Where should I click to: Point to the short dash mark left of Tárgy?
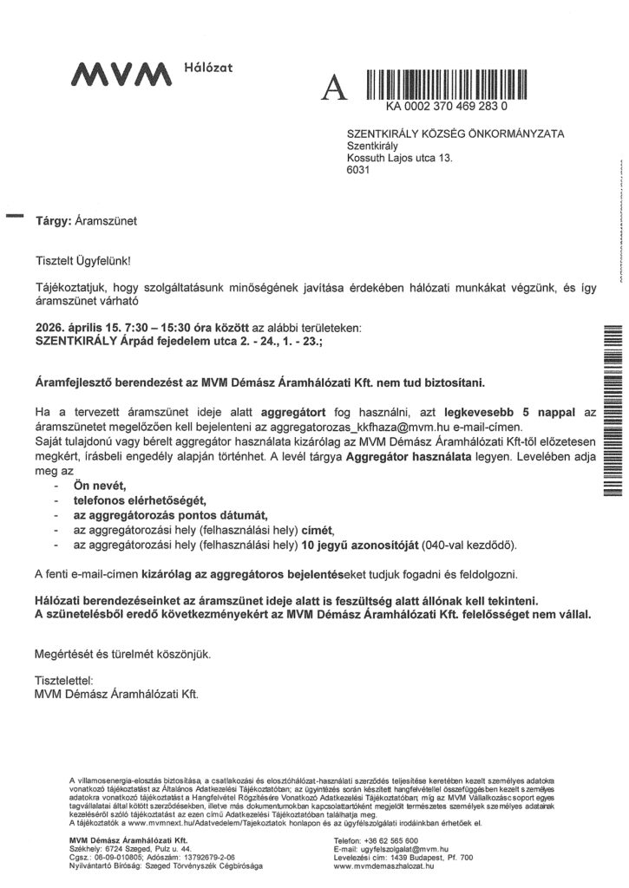(x=14, y=212)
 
